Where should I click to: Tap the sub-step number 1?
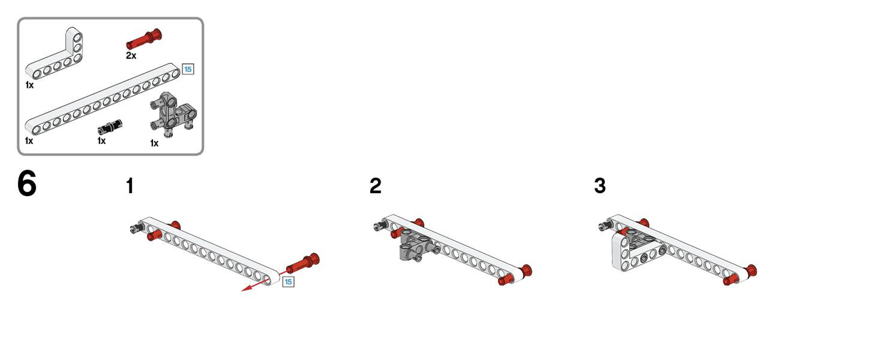(130, 186)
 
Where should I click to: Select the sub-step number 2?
(375, 186)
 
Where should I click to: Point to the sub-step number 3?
(600, 186)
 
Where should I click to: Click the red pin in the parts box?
(144, 39)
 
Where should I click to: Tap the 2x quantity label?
(131, 55)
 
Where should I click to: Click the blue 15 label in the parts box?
(188, 69)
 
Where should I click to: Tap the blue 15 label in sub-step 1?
(288, 282)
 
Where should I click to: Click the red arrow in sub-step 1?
(265, 282)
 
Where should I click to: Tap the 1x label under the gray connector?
(154, 143)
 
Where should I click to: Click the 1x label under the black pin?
(101, 141)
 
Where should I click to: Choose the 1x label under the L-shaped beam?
(29, 85)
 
